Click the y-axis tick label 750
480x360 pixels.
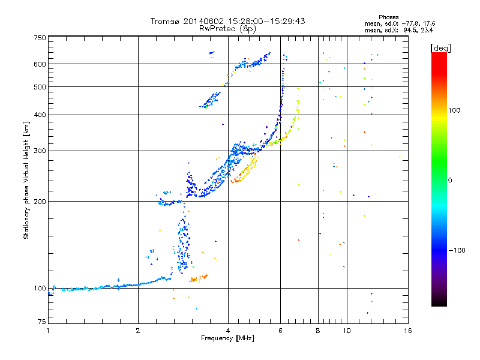pyautogui.click(x=40, y=38)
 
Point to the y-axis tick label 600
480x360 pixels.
pyautogui.click(x=40, y=64)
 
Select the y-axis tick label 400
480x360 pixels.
pyautogui.click(x=40, y=115)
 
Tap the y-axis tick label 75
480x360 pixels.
pyautogui.click(x=41, y=323)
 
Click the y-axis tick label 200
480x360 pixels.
pyautogui.click(x=40, y=202)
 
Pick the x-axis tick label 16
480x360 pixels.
pyautogui.click(x=407, y=331)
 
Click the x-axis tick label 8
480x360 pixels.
pyautogui.click(x=318, y=331)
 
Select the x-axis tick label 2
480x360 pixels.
pyautogui.click(x=138, y=331)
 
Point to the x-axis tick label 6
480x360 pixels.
pyautogui.click(x=280, y=331)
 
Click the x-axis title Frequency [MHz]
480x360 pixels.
pyautogui.click(x=227, y=338)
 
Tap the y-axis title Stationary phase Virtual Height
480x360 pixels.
pyautogui.click(x=26, y=180)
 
